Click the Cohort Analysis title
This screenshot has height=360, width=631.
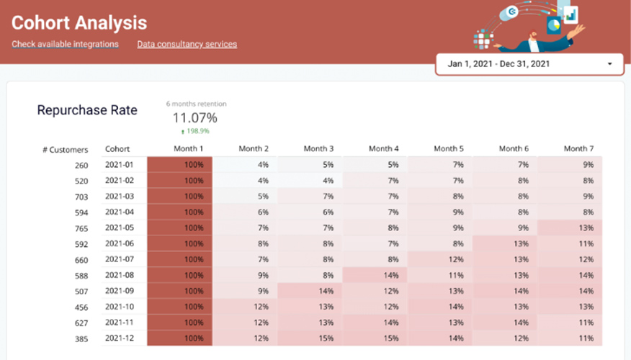point(79,23)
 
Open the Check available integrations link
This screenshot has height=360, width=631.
point(65,45)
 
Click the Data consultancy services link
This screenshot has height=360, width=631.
point(187,45)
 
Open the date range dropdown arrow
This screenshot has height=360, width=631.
point(609,64)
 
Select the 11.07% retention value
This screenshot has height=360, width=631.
point(194,117)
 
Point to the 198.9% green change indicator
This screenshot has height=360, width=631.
point(194,132)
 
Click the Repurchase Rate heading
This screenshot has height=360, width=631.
point(87,110)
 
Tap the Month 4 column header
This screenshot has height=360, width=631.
point(384,149)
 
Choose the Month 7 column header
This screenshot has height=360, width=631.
point(579,149)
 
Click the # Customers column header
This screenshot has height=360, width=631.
point(65,150)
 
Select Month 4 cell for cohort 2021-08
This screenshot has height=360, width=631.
point(375,275)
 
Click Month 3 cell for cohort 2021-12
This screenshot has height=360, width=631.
point(310,338)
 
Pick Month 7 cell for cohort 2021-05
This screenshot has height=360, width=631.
point(570,228)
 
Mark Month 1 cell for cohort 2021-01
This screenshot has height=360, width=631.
point(179,164)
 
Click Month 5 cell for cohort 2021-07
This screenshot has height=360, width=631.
point(439,259)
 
